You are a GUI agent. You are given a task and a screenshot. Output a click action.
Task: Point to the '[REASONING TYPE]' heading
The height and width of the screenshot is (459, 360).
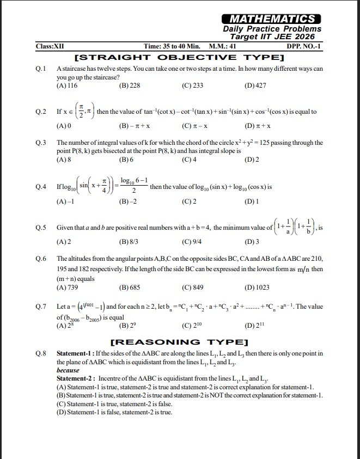(x=179, y=342)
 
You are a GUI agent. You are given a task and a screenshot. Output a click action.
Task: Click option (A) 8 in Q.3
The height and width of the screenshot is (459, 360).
(x=64, y=160)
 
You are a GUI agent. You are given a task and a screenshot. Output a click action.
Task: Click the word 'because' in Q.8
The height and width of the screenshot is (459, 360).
(x=68, y=370)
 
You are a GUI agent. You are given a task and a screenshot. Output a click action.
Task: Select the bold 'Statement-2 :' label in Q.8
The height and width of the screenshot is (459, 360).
(x=76, y=378)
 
